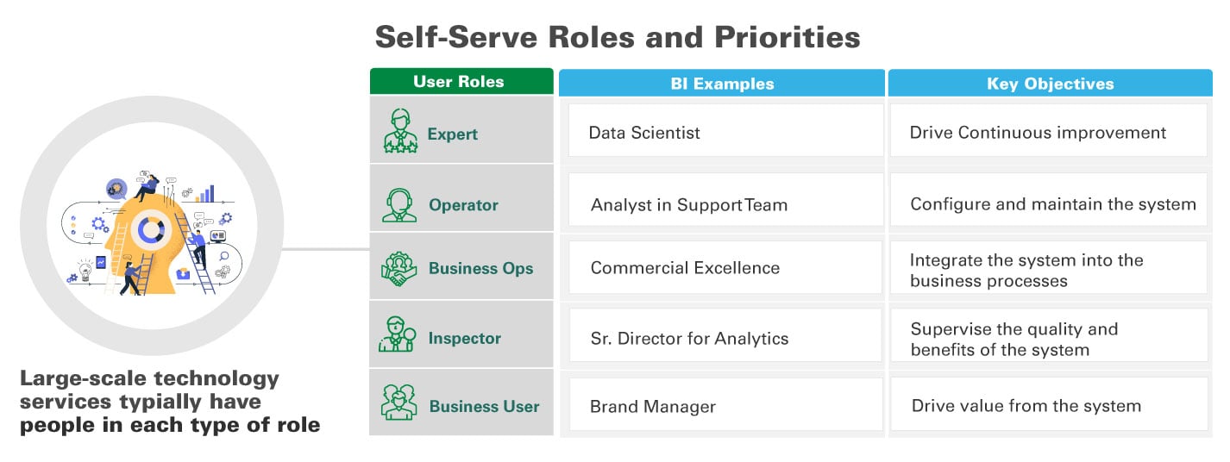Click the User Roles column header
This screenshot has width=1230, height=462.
coord(461,82)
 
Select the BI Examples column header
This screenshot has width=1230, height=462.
coord(722,84)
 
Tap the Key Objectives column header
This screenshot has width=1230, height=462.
coord(1050,84)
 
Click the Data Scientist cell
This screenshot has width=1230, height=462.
coord(725,133)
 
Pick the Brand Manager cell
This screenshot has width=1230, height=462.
coord(725,406)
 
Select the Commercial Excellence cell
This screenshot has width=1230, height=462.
coord(725,268)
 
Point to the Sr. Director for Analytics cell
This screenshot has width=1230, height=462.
coord(725,338)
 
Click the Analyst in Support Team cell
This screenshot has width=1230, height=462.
coord(725,204)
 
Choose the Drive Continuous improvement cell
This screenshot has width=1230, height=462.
coord(1048,133)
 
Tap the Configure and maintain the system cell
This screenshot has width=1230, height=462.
coord(1048,204)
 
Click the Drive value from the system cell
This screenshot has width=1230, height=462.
coord(1048,406)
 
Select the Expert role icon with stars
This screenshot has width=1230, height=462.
coord(399,131)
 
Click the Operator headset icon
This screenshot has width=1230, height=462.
coord(399,203)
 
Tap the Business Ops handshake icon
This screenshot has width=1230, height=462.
coord(399,268)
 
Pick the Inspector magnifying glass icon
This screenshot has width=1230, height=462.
coord(398,335)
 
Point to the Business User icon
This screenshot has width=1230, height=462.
coord(399,403)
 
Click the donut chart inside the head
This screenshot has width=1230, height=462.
coord(151,229)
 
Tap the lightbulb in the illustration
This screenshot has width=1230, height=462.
coord(85,271)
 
